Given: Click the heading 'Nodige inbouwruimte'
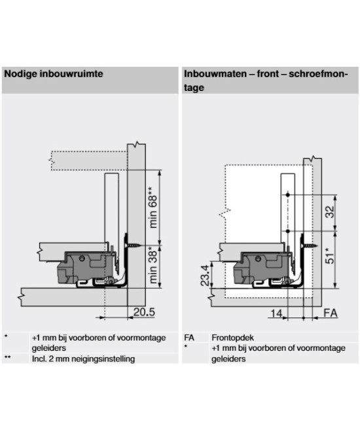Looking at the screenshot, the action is (54, 74).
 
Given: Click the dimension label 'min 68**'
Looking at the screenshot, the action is (153, 207).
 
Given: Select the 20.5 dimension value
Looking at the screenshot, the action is (144, 312).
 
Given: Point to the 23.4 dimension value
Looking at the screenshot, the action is (206, 275).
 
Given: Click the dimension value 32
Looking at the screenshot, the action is (330, 212).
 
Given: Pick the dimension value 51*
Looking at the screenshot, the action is (330, 255).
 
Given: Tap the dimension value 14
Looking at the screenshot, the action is (276, 314).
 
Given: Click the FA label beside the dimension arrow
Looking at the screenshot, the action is (331, 314).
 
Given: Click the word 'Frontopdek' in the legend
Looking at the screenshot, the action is (232, 338).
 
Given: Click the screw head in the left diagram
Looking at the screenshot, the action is (126, 245).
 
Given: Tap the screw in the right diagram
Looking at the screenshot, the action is (310, 245).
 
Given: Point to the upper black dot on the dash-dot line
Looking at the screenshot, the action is (288, 195).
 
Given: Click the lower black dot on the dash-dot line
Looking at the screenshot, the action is (288, 231).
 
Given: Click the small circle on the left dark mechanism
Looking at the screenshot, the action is (81, 258).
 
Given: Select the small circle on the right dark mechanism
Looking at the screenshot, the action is (258, 259).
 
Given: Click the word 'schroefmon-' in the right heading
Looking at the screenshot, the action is (318, 74).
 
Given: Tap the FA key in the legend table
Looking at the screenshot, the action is (189, 338).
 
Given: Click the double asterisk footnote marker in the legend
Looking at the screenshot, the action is (7, 357).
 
